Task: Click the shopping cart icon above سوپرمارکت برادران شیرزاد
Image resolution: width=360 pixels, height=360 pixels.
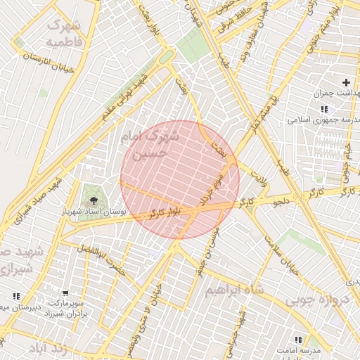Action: pyautogui.click(x=66, y=293)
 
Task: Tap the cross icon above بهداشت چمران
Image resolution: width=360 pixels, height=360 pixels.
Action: pyautogui.click(x=345, y=83)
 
